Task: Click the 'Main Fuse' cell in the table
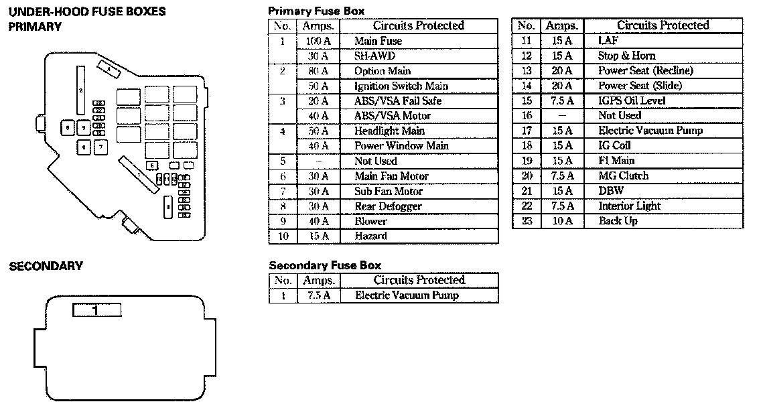pyautogui.click(x=378, y=41)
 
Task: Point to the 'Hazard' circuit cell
pyautogui.click(x=370, y=236)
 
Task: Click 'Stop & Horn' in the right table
pyautogui.click(x=626, y=56)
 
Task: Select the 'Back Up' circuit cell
pyautogui.click(x=618, y=221)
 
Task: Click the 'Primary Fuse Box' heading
pyautogui.click(x=316, y=11)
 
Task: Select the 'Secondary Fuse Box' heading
pyautogui.click(x=325, y=265)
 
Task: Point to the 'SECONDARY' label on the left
pyautogui.click(x=46, y=267)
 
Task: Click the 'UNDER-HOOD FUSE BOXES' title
pyautogui.click(x=87, y=12)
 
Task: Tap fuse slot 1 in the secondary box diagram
pyautogui.click(x=96, y=310)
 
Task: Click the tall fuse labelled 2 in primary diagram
pyautogui.click(x=81, y=90)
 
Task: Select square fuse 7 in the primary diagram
pyautogui.click(x=100, y=145)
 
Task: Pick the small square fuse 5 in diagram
pyautogui.click(x=153, y=165)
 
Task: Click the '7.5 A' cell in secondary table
pyautogui.click(x=315, y=295)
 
